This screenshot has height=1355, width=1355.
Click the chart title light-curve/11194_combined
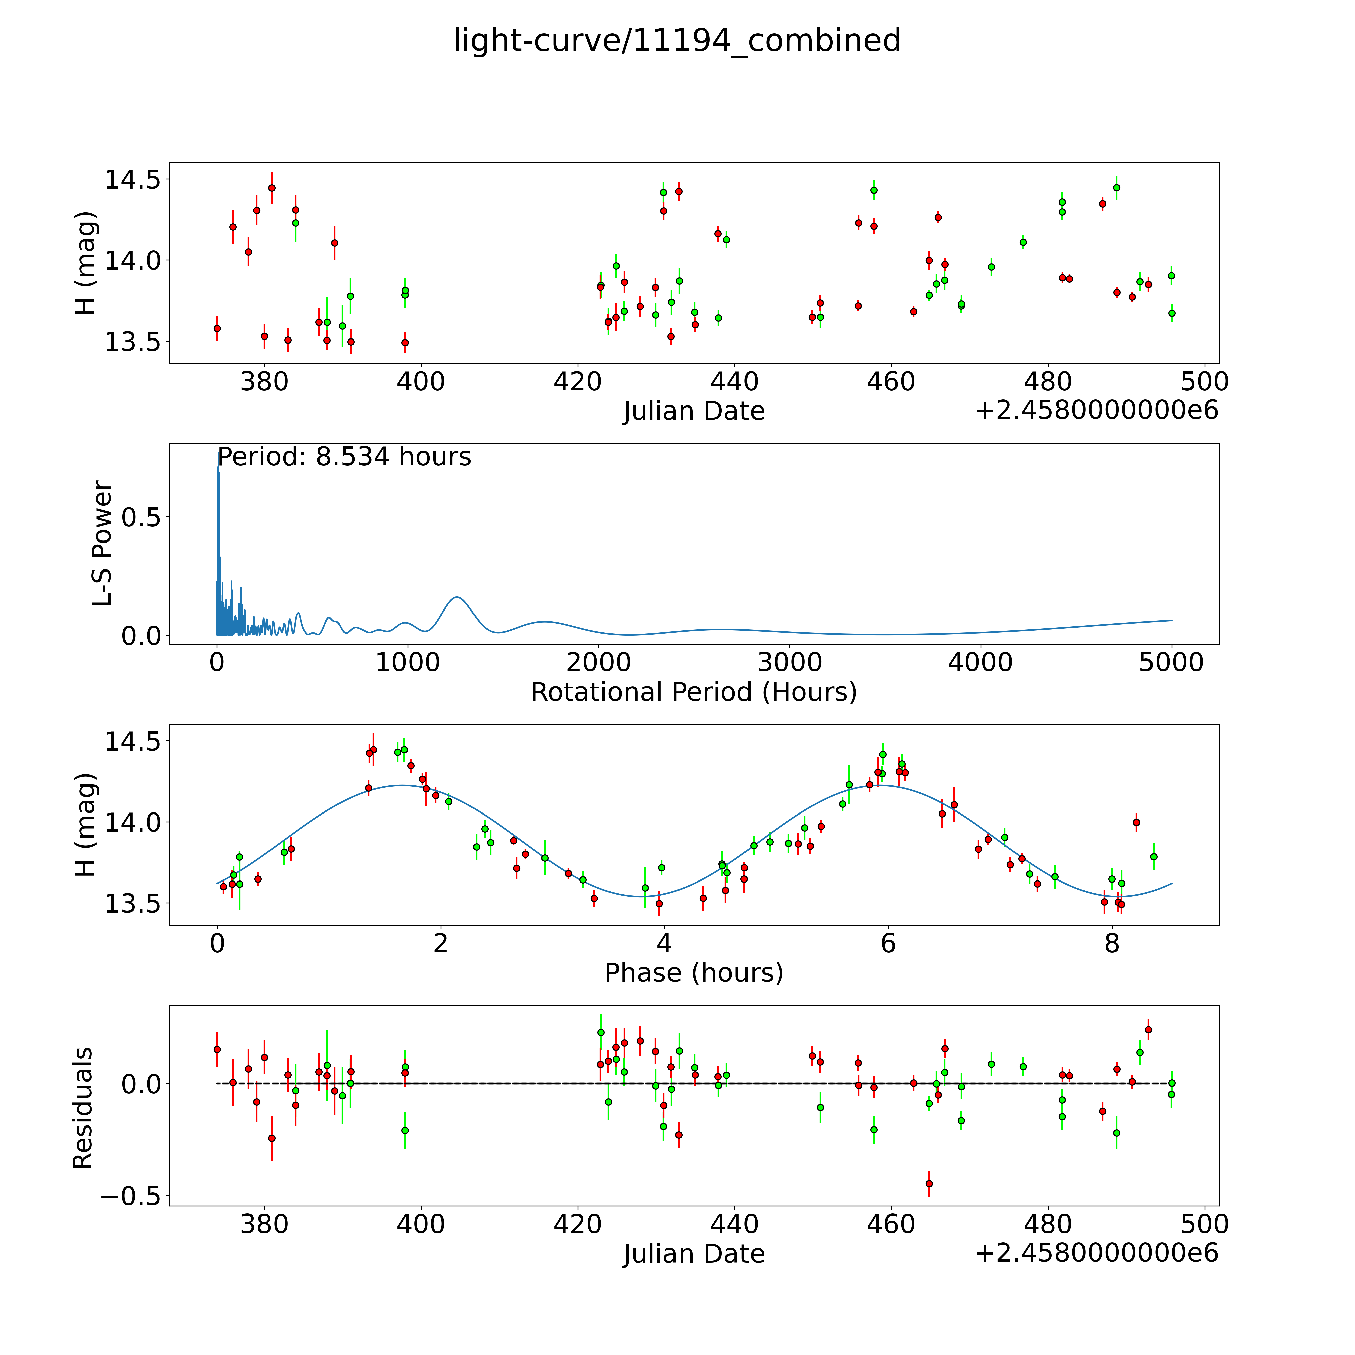(x=677, y=41)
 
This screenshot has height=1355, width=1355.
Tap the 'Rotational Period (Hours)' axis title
(x=694, y=692)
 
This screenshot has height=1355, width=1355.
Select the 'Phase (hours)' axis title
(x=694, y=973)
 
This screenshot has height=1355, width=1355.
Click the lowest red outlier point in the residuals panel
(x=929, y=1183)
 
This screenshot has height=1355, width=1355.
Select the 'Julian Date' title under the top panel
(x=694, y=411)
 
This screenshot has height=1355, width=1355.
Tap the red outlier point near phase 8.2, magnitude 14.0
(x=1136, y=822)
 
